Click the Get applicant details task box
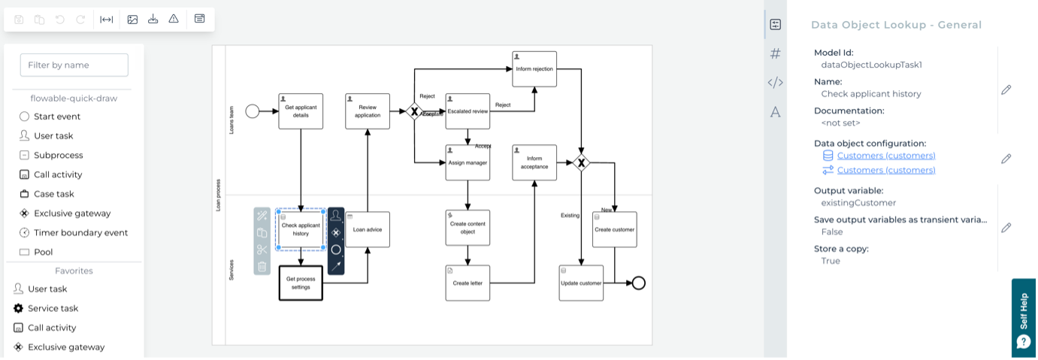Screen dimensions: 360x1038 tap(301, 111)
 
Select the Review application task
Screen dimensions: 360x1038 tap(368, 111)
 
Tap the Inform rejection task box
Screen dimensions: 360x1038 tap(534, 69)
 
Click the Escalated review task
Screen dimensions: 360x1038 tap(468, 111)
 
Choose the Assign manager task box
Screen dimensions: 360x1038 tap(468, 162)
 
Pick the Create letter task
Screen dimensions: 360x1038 tap(468, 283)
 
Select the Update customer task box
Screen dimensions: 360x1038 tap(581, 283)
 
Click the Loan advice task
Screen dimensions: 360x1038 tap(368, 229)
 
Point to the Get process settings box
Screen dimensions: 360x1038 tap(301, 283)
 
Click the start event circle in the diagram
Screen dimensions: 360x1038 tap(253, 111)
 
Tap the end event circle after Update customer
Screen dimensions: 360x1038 tap(639, 283)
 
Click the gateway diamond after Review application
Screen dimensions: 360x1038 tap(413, 111)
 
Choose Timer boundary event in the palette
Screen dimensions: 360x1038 tap(80, 232)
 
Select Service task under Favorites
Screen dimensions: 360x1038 tap(53, 308)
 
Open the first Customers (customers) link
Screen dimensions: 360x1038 tap(886, 156)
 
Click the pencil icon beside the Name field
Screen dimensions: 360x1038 tap(1006, 90)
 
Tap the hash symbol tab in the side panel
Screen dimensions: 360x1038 tap(776, 53)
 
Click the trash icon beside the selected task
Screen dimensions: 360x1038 tap(262, 266)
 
